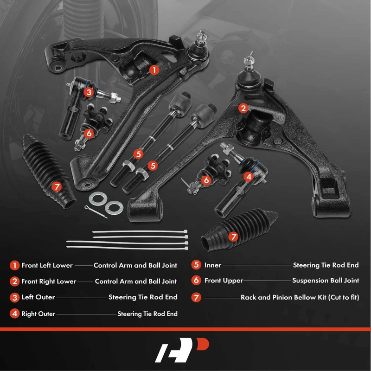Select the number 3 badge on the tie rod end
pos(89,92)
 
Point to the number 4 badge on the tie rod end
pos(249,177)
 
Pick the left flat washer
pos(97,198)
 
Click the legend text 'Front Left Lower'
pos(47,266)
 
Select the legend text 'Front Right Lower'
pos(48,281)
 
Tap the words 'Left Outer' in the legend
pos(38,297)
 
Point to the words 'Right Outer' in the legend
pos(39,314)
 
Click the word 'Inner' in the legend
pos(213,266)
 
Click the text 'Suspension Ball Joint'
pos(325,281)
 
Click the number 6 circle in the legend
pos(197,281)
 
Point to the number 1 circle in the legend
pos(15,266)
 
